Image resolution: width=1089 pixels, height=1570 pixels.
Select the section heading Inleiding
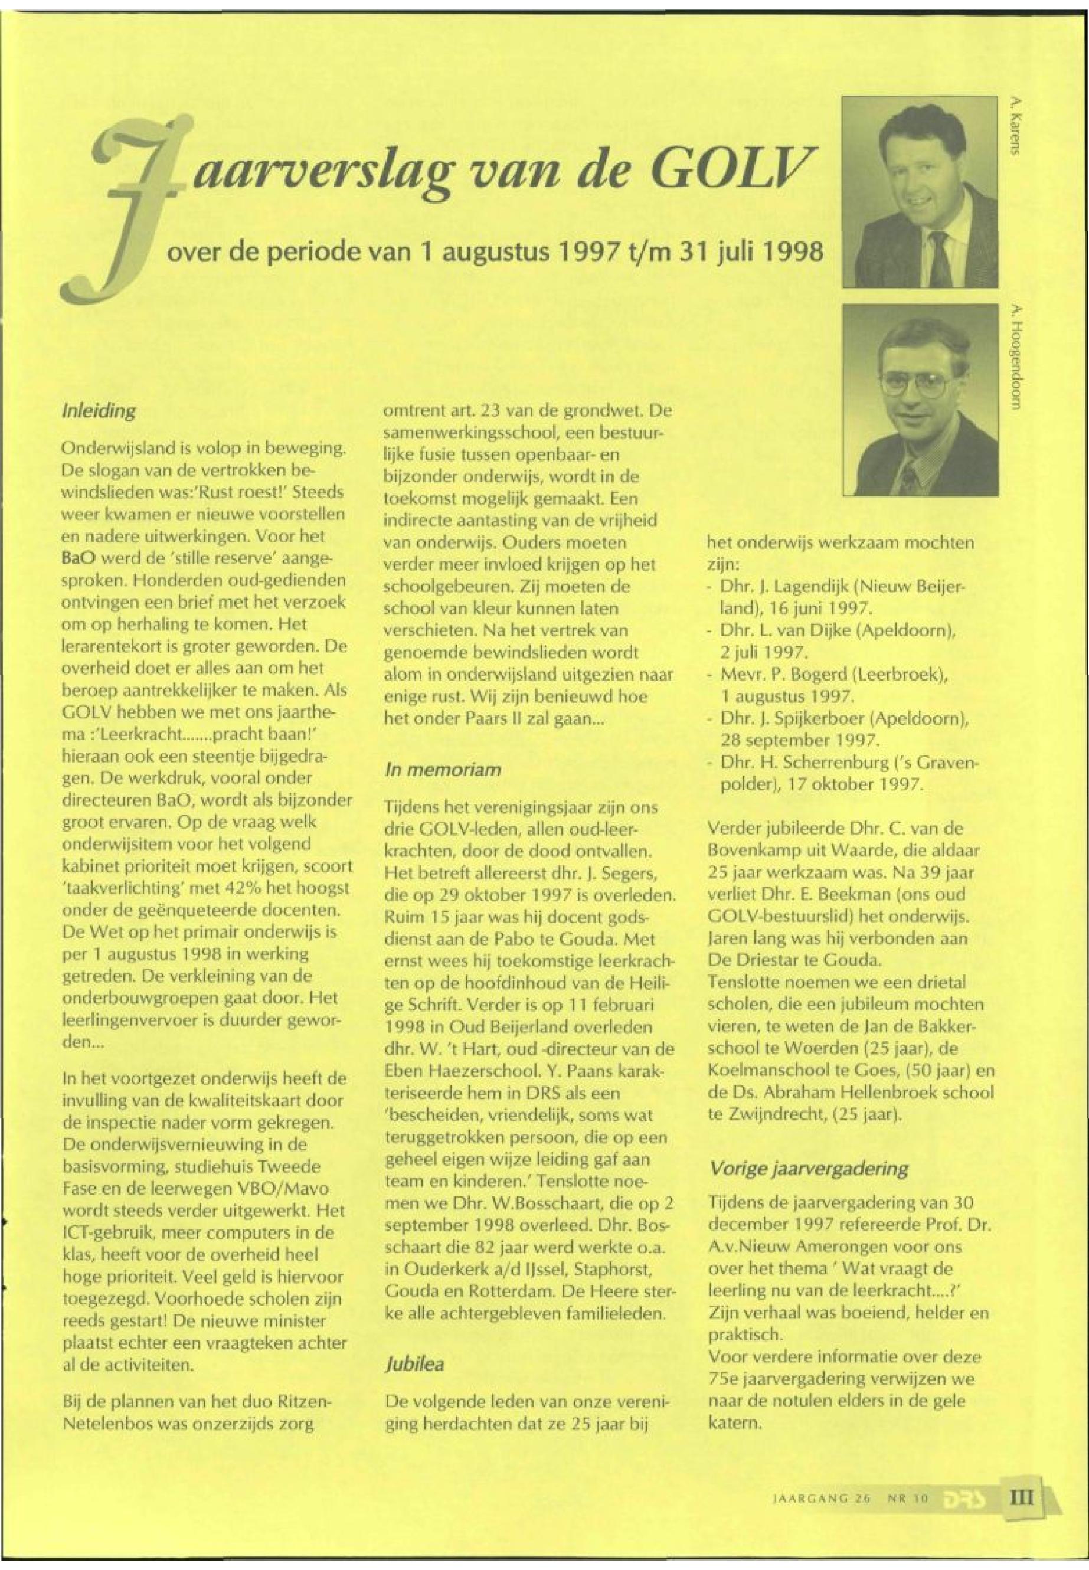point(99,411)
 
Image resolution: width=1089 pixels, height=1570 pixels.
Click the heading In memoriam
point(443,770)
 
